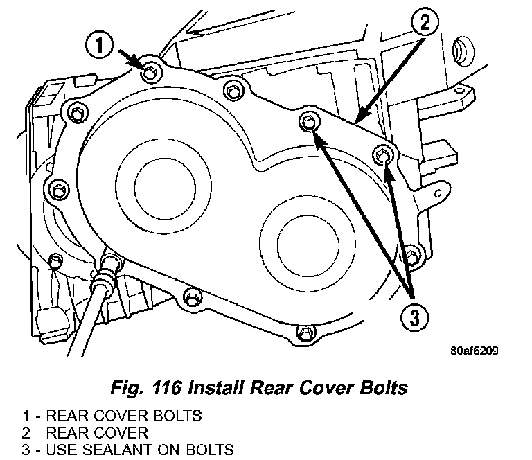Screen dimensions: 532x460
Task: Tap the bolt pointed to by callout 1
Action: [151, 71]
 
